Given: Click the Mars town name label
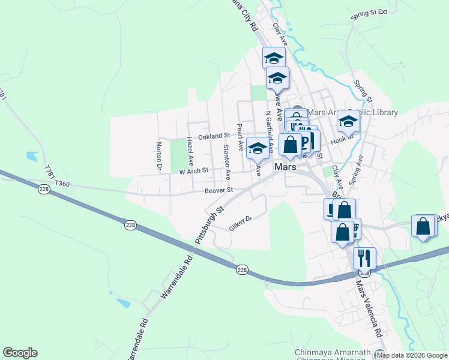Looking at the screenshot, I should coord(285,167).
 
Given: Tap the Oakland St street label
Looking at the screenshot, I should coord(214,137).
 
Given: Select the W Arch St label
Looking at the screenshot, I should coord(193,170).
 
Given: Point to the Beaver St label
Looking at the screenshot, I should coord(218,190).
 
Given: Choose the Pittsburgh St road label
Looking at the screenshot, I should coord(209,224).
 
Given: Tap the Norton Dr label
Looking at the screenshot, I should coord(160,154).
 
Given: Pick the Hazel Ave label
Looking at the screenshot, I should coord(190,151).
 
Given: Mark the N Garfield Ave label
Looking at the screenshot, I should coord(271,131).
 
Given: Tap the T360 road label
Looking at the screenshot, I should coord(62,184).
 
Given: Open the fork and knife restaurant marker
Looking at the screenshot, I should coord(364,259).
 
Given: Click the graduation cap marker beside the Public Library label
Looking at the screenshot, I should coord(348,122).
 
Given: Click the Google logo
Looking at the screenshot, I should coord(20,353).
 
